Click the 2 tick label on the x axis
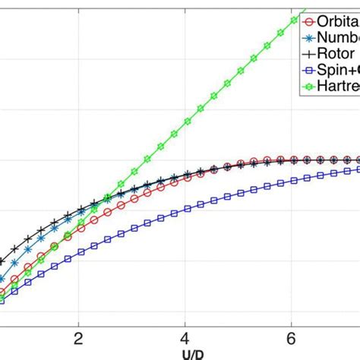(77, 337)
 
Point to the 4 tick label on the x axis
(185, 337)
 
